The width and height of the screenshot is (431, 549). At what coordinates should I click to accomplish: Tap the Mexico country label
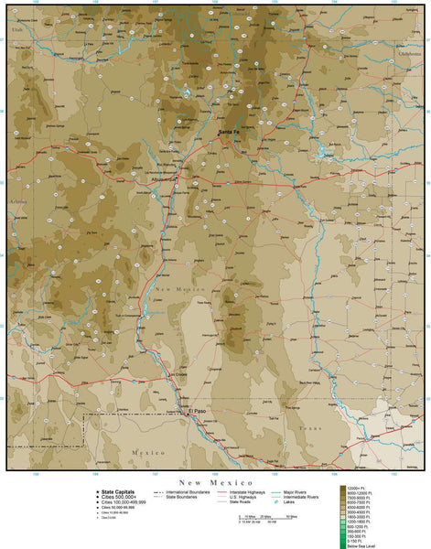point(146,453)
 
